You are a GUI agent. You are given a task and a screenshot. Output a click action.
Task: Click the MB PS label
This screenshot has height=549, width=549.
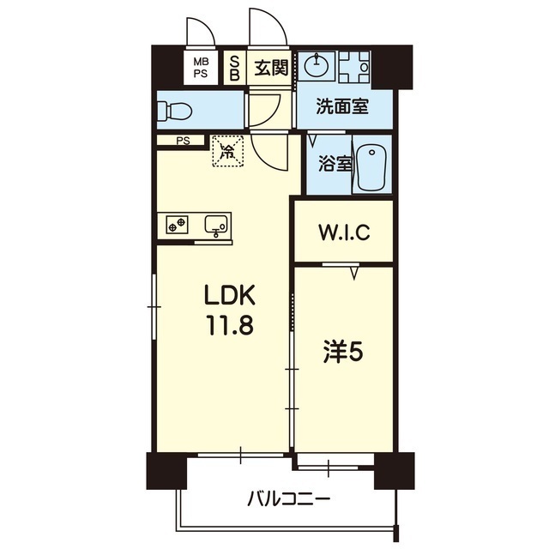[200, 68]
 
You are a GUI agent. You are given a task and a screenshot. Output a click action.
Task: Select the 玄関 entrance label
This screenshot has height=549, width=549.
[271, 68]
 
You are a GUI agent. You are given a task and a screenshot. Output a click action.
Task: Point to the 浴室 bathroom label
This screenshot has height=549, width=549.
[334, 163]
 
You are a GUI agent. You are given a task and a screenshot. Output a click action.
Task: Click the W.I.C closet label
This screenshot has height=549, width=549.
[343, 232]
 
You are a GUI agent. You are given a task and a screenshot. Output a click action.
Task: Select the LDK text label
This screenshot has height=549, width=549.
[229, 296]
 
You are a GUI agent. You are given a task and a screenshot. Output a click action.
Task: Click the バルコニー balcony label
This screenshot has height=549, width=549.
[289, 498]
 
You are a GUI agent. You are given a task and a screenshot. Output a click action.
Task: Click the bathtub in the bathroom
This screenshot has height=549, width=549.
[371, 167]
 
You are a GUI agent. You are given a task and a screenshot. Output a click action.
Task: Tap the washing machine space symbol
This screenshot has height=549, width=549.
[353, 65]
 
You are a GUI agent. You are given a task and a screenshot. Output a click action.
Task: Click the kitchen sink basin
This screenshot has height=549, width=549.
[216, 225]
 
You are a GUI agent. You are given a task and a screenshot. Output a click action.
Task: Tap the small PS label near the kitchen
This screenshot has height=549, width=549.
[182, 142]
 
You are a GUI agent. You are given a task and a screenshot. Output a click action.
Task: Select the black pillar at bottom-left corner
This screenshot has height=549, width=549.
[166, 471]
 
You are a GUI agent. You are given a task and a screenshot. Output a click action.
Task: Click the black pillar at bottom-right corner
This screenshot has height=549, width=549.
[394, 470]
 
